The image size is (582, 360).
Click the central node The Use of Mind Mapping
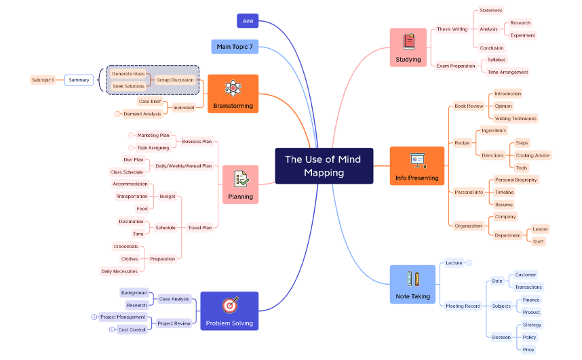pyautogui.click(x=324, y=165)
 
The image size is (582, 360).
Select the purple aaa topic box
pyautogui.click(x=248, y=21)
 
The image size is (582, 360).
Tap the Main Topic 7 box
pyautogui.click(x=234, y=47)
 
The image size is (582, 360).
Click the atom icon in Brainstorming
pyautogui.click(x=233, y=88)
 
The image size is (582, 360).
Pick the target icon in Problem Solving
pyautogui.click(x=230, y=306)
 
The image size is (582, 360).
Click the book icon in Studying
pyautogui.click(x=408, y=42)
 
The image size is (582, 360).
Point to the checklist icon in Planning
pyautogui.click(x=240, y=179)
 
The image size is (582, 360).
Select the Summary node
pyautogui.click(x=79, y=80)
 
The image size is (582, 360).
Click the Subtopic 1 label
pyautogui.click(x=43, y=80)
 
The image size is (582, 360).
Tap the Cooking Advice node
pyautogui.click(x=532, y=155)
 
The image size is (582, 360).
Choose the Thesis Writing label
pyautogui.click(x=452, y=29)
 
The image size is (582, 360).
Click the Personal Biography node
pyautogui.click(x=516, y=180)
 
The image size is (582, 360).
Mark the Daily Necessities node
pyautogui.click(x=119, y=271)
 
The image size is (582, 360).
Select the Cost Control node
pyautogui.click(x=132, y=329)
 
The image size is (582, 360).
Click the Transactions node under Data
pyautogui.click(x=528, y=287)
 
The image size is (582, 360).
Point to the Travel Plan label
pyautogui.click(x=199, y=228)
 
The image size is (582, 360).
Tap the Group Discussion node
pyautogui.click(x=174, y=80)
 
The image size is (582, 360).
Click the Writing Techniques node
pyautogui.click(x=515, y=119)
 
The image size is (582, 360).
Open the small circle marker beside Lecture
pyautogui.click(x=469, y=262)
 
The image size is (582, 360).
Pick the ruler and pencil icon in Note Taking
pyautogui.click(x=412, y=279)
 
